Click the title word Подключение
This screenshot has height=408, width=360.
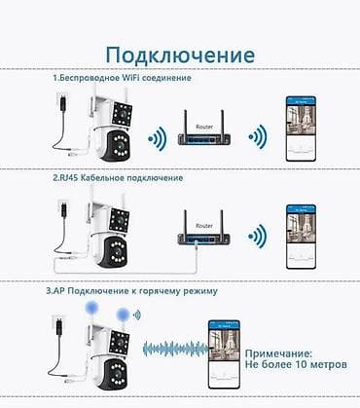179,53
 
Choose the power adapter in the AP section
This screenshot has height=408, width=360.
57,326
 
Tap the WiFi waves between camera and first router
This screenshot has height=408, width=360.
154,136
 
